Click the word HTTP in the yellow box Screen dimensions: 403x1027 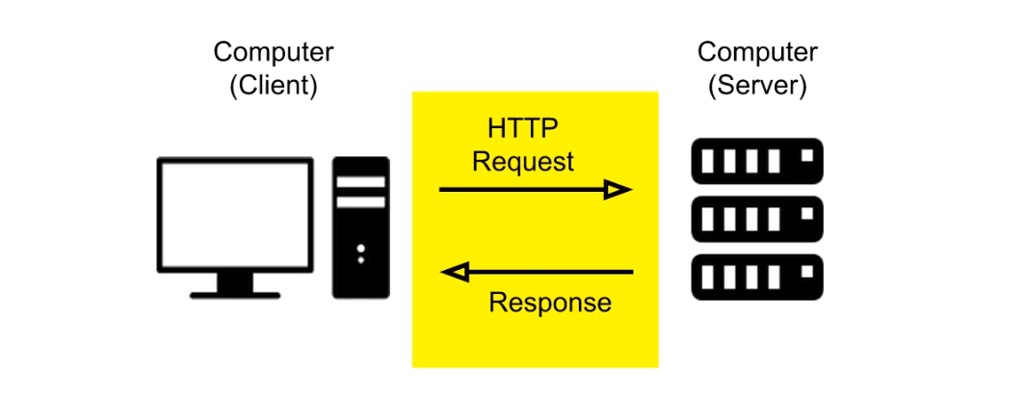coord(523,128)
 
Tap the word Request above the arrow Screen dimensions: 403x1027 coord(523,160)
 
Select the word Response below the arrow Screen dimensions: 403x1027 coord(549,303)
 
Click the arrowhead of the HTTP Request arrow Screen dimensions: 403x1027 coord(619,190)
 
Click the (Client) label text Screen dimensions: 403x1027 coord(273,85)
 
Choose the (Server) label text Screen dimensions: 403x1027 coord(756,85)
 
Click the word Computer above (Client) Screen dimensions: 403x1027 coord(273,52)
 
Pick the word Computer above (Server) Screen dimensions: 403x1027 coord(756,52)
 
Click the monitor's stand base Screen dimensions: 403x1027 coord(235,291)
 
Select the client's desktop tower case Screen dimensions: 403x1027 coord(361,228)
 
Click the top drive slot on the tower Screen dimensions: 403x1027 coord(361,181)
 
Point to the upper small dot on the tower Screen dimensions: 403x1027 coord(361,249)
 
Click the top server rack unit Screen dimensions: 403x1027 coord(756,161)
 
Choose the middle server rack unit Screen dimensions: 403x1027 coord(756,219)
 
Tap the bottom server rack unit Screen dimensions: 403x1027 coord(756,277)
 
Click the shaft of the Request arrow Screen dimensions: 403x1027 coord(520,190)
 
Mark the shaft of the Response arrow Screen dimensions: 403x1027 coord(549,273)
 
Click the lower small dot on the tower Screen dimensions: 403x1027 coord(361,260)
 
